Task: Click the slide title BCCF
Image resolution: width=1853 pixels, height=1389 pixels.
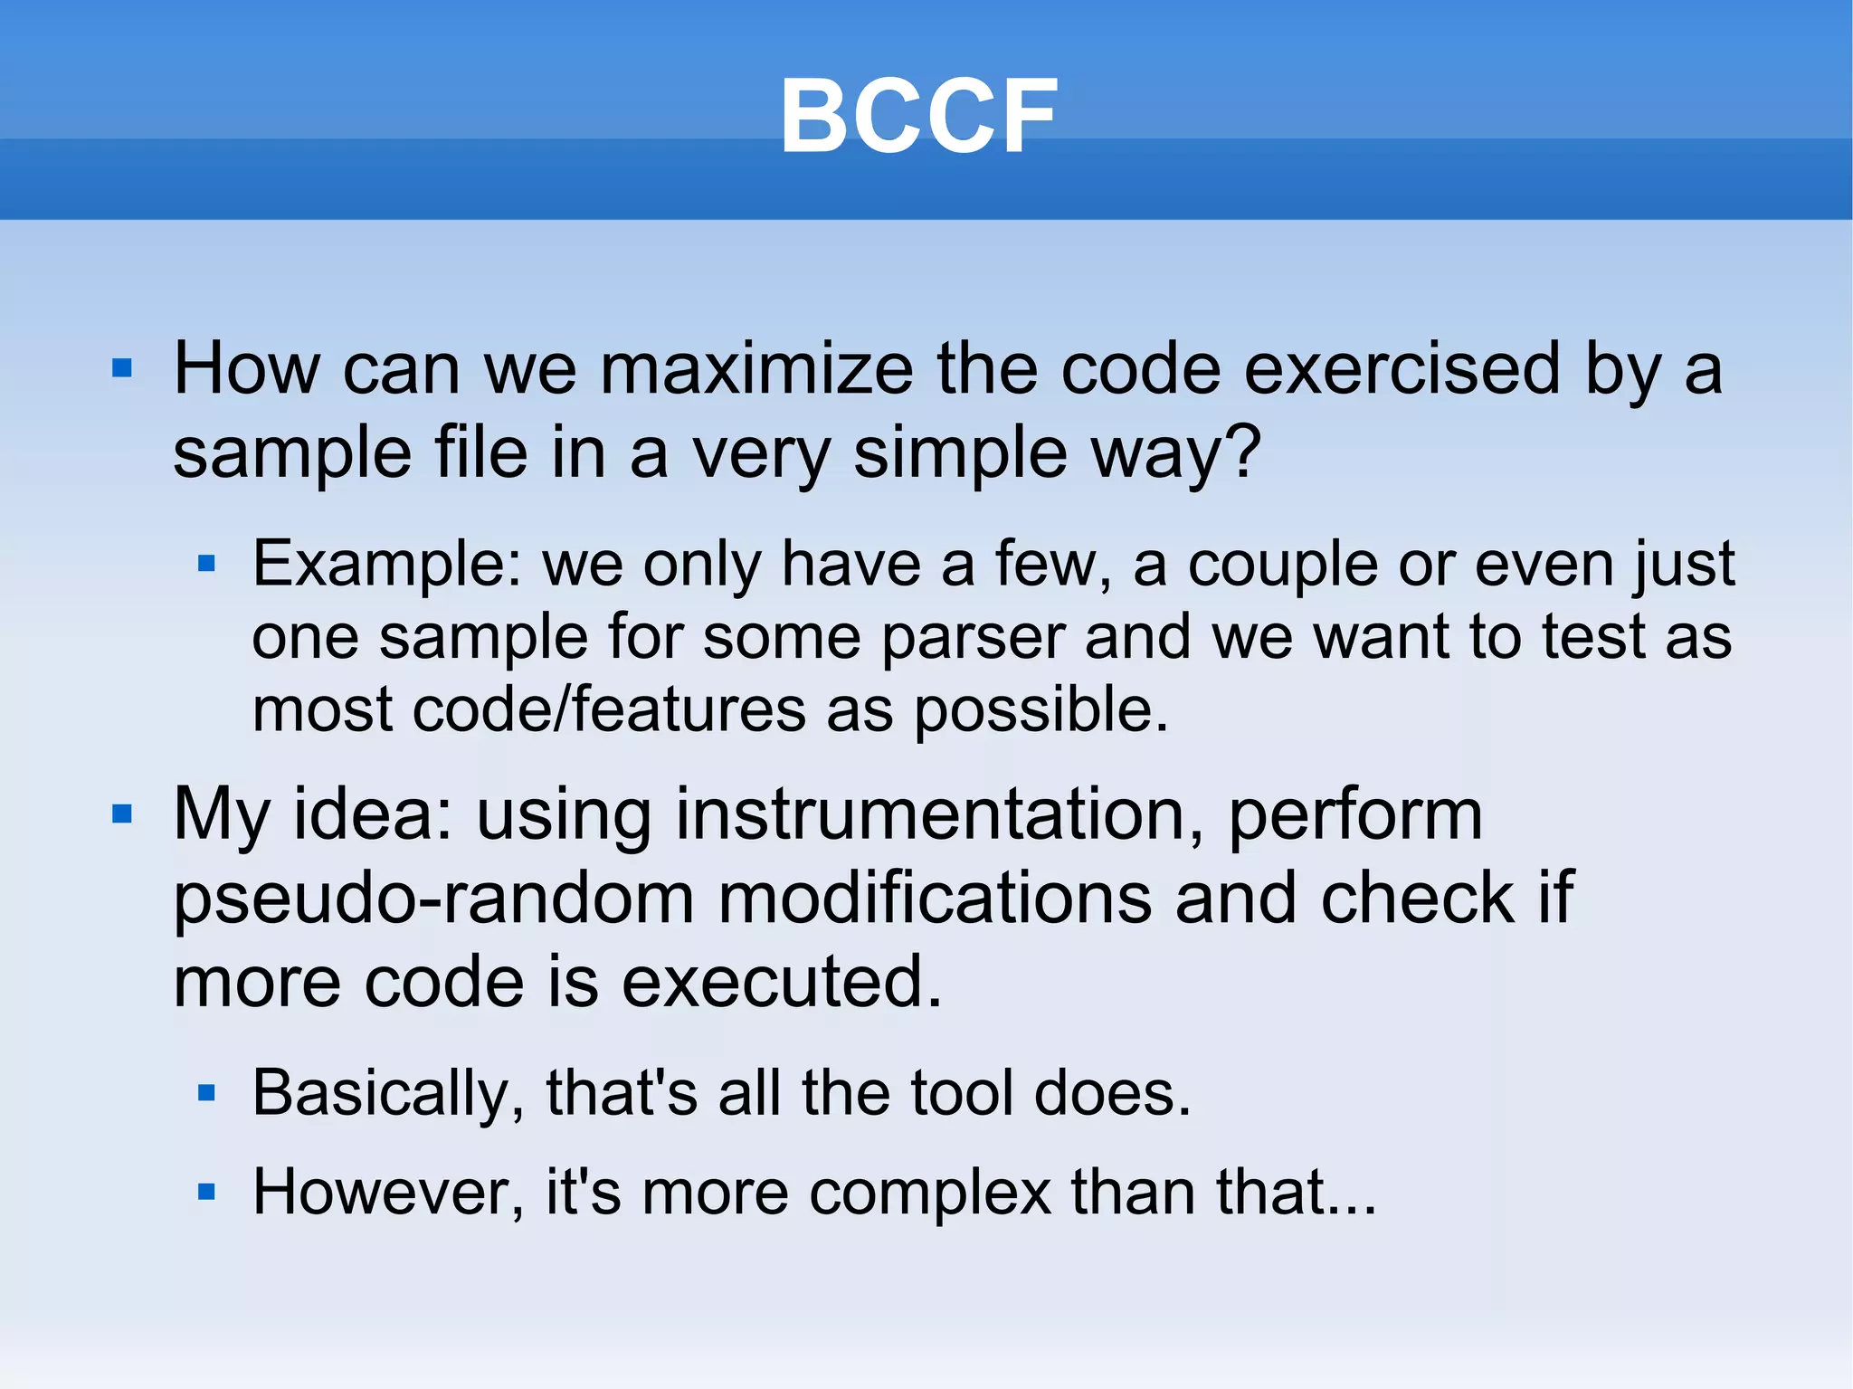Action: tap(918, 116)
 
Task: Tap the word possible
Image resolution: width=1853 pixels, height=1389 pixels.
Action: tap(1041, 710)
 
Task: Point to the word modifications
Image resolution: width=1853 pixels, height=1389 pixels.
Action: tap(935, 898)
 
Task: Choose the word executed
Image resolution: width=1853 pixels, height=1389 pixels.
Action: tap(782, 982)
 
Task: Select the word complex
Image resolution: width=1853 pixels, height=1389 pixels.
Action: tap(929, 1194)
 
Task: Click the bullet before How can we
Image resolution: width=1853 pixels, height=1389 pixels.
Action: tap(122, 368)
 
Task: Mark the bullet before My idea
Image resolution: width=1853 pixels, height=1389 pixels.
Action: tap(122, 814)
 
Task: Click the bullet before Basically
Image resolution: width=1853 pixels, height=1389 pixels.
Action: tap(206, 1094)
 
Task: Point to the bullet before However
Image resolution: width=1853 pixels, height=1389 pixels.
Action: tap(206, 1192)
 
